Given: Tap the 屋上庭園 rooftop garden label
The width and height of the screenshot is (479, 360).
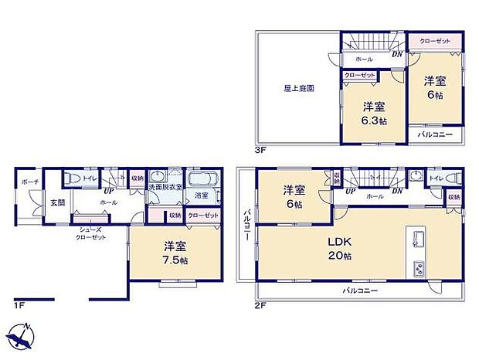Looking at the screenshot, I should tap(297, 88).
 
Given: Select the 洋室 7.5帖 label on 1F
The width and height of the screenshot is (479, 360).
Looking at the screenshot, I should tap(175, 253).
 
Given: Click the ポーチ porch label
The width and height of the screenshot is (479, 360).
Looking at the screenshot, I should tap(32, 182).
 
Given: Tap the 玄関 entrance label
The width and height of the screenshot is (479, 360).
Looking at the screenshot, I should tap(58, 202).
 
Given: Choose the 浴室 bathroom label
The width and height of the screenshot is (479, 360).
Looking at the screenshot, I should tap(201, 196).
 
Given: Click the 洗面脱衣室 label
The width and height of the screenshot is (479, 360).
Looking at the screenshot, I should tap(165, 187).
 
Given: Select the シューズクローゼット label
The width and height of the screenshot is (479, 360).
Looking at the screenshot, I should tap(91, 233).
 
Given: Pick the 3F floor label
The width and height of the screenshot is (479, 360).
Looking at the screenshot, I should tap(262, 148).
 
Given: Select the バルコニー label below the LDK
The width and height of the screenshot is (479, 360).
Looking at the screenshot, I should tap(361, 290).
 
